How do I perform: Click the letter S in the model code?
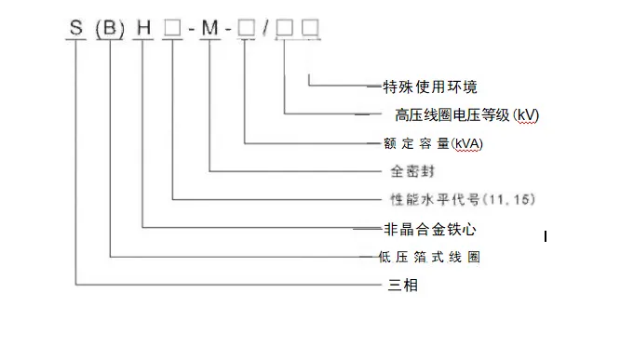coord(76,28)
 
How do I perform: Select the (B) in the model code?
coord(110,29)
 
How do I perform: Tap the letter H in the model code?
coord(143,28)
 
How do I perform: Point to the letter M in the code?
coord(210,28)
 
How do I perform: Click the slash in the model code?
coord(266,28)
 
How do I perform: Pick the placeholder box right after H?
coord(173,28)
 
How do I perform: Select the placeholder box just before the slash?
coord(247,28)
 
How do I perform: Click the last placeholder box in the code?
coord(310,28)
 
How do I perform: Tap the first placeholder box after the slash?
coord(285,28)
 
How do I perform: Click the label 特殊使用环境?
coord(430,87)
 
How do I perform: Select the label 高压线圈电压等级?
coord(452,115)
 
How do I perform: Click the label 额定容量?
coord(417,143)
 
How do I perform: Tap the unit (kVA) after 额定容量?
coord(467,143)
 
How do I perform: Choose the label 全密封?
coord(412,171)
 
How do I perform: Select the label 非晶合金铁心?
coord(430,229)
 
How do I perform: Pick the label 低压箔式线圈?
coord(429,257)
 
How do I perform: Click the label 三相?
coord(403,285)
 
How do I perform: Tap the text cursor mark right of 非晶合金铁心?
coord(546,236)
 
